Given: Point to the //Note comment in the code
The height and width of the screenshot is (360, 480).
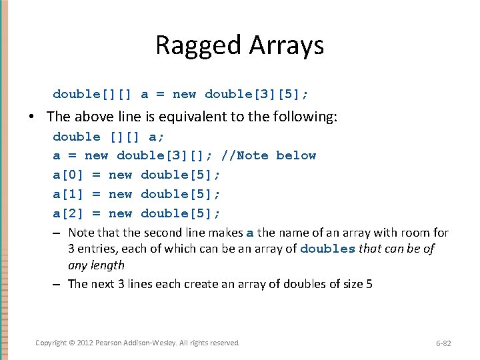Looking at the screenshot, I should (244, 155).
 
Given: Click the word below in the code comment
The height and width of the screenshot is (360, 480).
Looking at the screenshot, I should (296, 155).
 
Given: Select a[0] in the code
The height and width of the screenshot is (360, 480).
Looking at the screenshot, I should (69, 175).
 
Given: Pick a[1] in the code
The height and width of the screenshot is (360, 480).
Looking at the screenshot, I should (69, 194).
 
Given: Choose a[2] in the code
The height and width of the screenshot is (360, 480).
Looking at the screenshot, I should (69, 213).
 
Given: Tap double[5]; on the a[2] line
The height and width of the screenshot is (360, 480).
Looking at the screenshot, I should (181, 213).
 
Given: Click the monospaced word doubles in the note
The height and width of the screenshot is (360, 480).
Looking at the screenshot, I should (327, 249).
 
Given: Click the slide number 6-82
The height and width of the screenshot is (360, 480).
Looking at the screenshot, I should (443, 343).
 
